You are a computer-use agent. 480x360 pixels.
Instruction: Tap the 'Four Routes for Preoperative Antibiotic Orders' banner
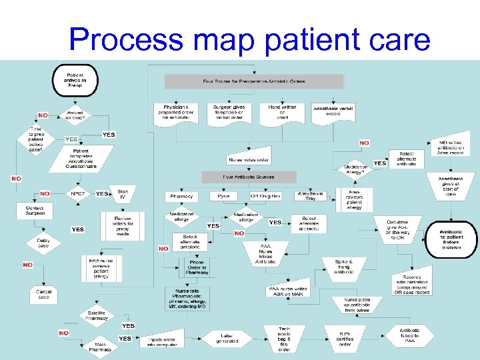coord(254,81)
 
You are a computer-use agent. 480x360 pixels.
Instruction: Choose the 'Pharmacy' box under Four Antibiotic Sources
coord(181,197)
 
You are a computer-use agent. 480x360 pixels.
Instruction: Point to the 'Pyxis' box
coord(223,197)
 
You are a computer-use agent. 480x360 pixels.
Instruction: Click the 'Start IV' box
coord(122,194)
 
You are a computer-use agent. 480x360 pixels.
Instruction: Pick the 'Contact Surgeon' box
coord(35,211)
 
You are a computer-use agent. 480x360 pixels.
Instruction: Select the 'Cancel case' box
coord(43,294)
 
